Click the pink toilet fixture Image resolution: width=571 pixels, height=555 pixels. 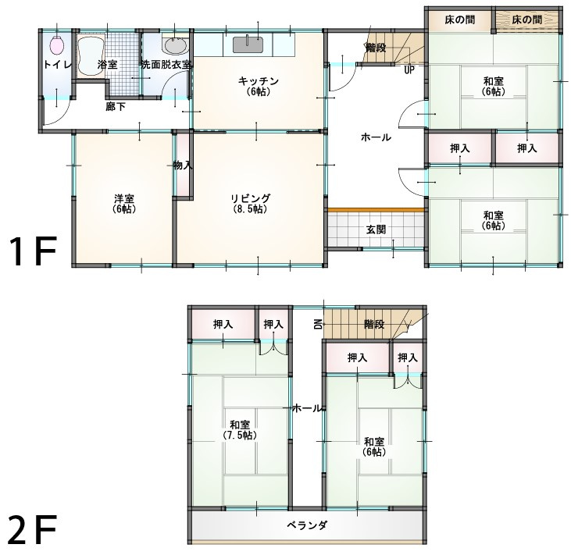[57, 45]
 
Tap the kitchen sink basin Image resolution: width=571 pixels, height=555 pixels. [248, 44]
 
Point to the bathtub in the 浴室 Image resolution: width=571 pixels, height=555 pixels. [91, 56]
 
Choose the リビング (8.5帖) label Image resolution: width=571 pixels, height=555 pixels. [251, 204]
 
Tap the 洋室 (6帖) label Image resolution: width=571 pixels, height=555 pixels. [124, 204]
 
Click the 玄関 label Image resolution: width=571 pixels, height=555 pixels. [376, 229]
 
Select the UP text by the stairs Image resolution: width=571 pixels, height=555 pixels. [409, 70]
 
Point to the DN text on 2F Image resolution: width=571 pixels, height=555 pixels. [318, 323]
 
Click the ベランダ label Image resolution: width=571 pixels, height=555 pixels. [307, 525]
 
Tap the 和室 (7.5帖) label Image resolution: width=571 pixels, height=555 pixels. [240, 430]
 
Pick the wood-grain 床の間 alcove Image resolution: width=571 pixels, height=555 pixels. [527, 20]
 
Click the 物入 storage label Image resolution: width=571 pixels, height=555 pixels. [183, 165]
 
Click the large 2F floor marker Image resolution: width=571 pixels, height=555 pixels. [32, 528]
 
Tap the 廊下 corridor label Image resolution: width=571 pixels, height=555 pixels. [116, 107]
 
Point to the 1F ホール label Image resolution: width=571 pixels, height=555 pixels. [376, 137]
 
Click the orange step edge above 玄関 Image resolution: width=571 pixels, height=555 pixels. [377, 210]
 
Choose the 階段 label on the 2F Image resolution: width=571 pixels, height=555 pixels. [374, 324]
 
